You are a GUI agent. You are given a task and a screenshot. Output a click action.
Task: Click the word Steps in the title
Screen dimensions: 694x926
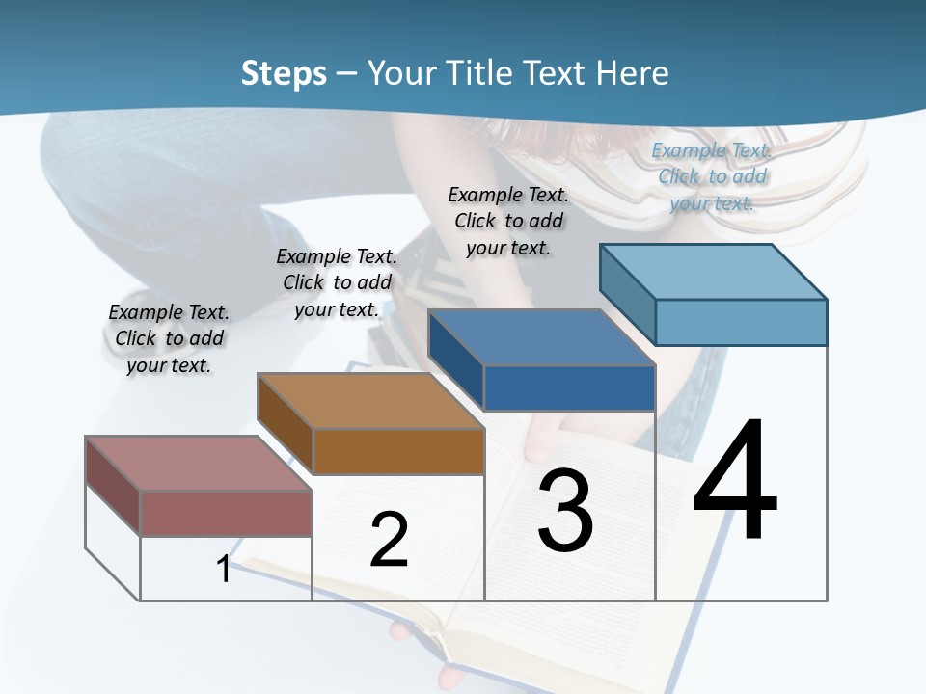pos(284,73)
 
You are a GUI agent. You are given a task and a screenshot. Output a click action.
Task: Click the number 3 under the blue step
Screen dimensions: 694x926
pos(565,511)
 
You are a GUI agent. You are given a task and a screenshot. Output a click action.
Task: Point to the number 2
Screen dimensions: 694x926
pos(389,540)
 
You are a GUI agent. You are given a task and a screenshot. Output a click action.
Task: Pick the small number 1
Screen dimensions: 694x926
pos(224,569)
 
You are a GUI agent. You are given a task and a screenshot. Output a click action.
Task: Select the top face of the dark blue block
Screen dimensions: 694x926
pos(540,337)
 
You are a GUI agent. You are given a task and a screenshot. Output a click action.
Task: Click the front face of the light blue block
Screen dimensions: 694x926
pos(741,322)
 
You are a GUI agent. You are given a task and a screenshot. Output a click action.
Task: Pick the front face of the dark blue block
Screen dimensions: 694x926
pos(569,387)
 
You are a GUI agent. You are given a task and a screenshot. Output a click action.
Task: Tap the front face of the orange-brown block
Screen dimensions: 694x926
pos(398,451)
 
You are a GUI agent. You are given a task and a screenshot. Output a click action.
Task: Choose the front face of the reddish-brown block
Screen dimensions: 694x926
pos(227,513)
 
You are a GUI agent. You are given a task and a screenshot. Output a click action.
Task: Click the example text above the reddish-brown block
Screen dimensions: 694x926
pos(169,338)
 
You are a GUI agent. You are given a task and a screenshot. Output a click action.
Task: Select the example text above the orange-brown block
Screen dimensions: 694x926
pos(337,282)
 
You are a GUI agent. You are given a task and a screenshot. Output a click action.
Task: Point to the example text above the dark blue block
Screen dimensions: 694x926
pos(508,221)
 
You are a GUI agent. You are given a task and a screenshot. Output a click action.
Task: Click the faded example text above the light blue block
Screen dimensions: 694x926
pos(712,176)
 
